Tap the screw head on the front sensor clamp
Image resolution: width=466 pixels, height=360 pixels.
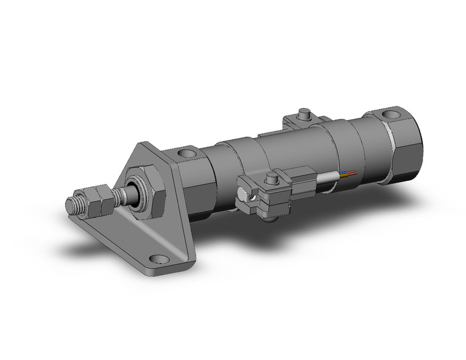[270, 178]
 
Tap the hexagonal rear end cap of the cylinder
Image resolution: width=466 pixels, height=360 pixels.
[403, 147]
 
